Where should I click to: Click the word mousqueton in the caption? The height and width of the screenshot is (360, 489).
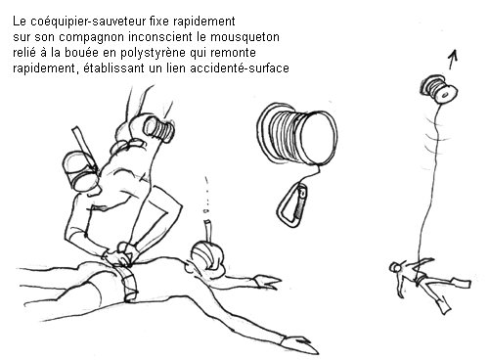244,37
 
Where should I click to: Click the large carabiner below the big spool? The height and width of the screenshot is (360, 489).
292,204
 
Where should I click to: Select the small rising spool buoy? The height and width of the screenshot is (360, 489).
439,89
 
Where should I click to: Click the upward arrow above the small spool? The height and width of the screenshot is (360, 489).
453,60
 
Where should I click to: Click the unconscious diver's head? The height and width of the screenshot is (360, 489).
206,256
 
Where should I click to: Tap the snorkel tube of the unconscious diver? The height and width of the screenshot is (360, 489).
208,231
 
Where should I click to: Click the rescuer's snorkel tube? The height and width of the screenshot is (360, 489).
83,146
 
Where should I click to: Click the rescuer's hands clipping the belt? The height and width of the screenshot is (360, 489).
124,253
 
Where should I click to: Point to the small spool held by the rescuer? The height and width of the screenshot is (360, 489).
159,129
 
